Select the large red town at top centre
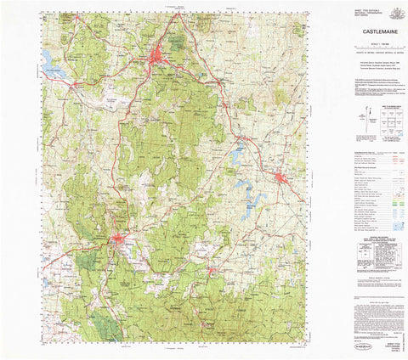(158, 59)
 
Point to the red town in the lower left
(117, 241)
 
